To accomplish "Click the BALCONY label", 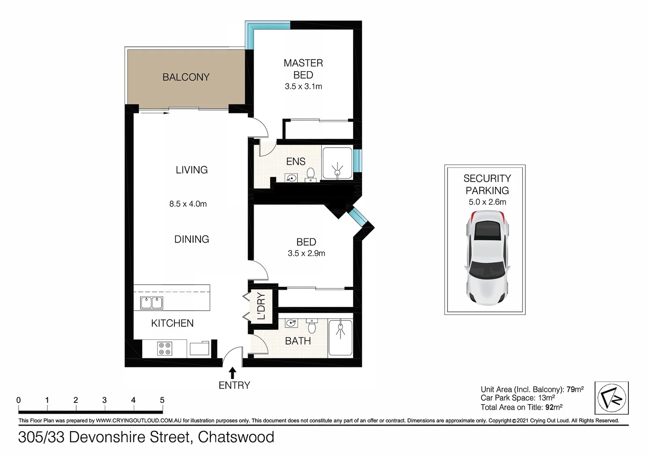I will [x=186, y=77].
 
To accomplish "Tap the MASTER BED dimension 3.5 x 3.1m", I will [x=303, y=86].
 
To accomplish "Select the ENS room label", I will [x=296, y=161].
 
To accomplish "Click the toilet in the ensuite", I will [x=310, y=173].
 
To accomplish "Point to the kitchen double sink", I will [x=152, y=303].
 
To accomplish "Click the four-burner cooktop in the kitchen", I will [x=165, y=348].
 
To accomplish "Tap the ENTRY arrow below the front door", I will [x=232, y=373].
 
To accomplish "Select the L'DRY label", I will [x=261, y=306].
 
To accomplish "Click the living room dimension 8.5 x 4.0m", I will [x=188, y=204].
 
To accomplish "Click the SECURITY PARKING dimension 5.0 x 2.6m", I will [x=487, y=202].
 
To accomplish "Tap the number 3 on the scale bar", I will [x=104, y=400].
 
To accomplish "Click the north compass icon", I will [x=611, y=398].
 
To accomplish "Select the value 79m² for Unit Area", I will [x=575, y=389].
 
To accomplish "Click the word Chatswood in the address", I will [x=236, y=437].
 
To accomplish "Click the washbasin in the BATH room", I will [x=291, y=323].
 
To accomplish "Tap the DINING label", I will [x=191, y=239].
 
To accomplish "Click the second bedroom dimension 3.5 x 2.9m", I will [x=306, y=253].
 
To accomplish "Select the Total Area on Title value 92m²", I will [x=554, y=407].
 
